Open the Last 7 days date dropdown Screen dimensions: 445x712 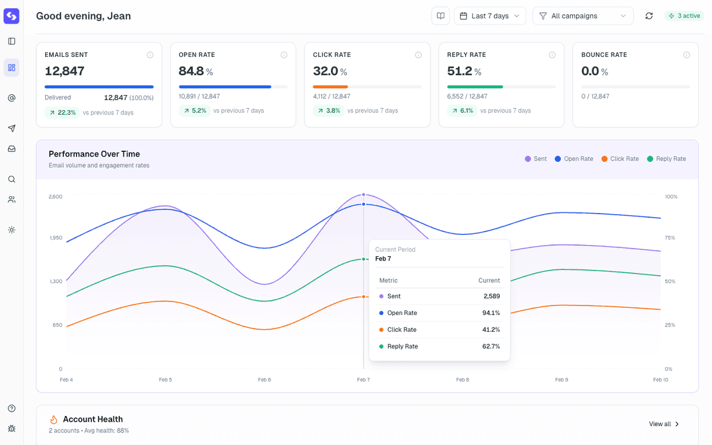tap(490, 16)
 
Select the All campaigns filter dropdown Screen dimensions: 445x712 tap(583, 16)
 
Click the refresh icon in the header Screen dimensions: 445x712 tap(649, 16)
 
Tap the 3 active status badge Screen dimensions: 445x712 tap(684, 16)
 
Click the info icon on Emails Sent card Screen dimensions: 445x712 tap(150, 55)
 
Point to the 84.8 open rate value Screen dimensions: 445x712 tap(191, 71)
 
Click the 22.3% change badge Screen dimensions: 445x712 tap(62, 112)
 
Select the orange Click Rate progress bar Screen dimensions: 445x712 tap(330, 87)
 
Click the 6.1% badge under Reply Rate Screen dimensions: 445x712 tap(462, 110)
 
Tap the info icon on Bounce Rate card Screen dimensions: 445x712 tap(686, 55)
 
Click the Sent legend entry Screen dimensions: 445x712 tap(536, 158)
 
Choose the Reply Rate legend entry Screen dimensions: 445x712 tap(666, 158)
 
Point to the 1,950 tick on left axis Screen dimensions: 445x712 tap(56, 238)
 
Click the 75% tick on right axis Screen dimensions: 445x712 tap(670, 238)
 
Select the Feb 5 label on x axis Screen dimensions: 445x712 tap(166, 380)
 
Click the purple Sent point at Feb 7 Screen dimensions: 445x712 tap(364, 195)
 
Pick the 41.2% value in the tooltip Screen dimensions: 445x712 tap(491, 330)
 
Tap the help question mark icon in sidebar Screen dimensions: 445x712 tap(11, 408)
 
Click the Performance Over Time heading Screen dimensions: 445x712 tap(94, 154)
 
